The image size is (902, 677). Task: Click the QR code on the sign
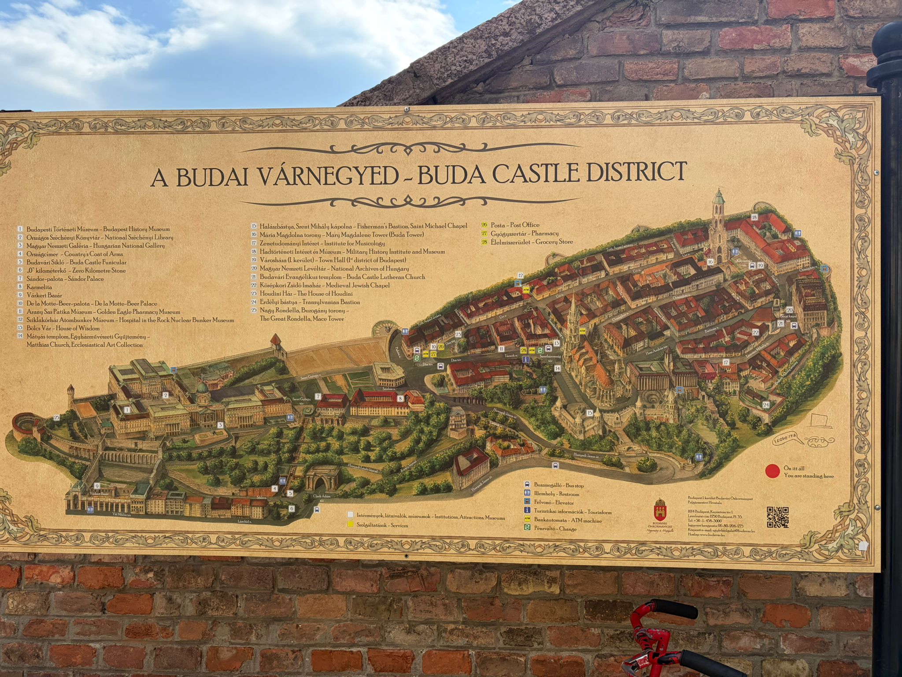(x=777, y=517)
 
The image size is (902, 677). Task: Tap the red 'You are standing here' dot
(x=773, y=472)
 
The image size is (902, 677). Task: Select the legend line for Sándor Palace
(x=65, y=279)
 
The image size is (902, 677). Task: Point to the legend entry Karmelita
(x=39, y=287)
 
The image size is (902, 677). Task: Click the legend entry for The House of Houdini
(x=306, y=294)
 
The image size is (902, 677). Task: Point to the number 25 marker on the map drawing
(x=56, y=417)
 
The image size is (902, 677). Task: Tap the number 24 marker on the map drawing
(x=766, y=405)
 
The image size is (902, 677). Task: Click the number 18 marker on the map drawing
(x=754, y=217)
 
